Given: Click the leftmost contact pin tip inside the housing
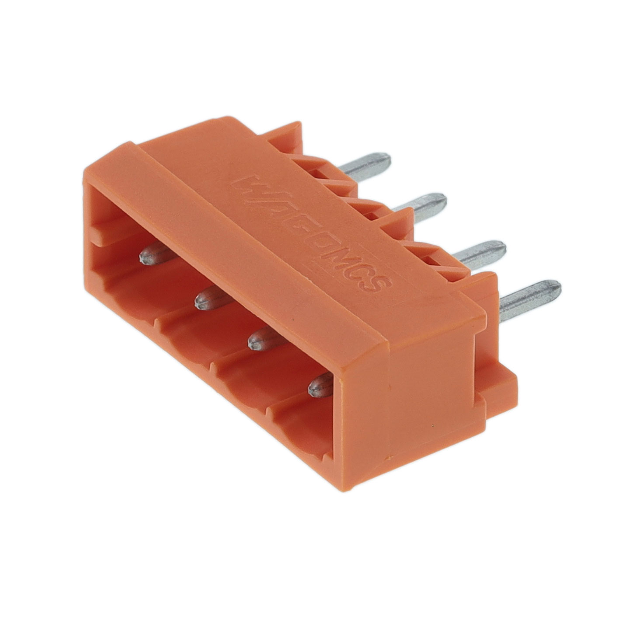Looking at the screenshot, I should pyautogui.click(x=149, y=255).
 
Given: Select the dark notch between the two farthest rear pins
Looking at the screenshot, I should pyautogui.click(x=323, y=175).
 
